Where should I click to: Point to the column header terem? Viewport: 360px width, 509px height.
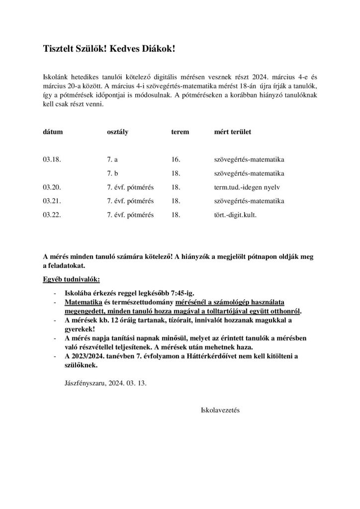click(x=180, y=133)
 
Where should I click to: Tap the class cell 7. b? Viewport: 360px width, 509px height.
click(x=113, y=174)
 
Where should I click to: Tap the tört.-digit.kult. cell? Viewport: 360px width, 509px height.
click(x=235, y=215)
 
